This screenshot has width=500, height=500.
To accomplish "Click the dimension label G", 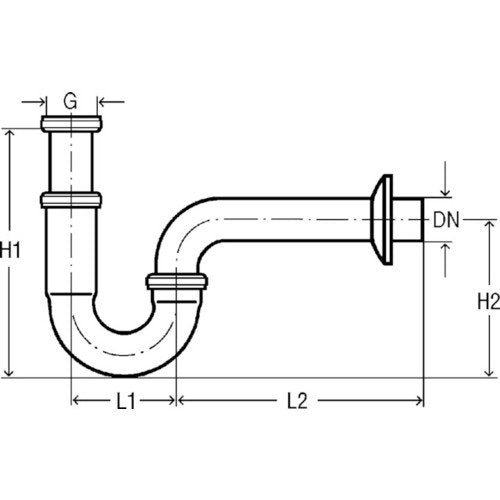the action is click(70, 101).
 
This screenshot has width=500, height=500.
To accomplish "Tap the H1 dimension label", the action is click(10, 250).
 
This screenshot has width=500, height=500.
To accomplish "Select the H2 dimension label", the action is click(489, 301).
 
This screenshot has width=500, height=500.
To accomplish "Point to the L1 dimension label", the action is click(126, 401).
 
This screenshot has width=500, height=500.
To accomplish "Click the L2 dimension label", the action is click(297, 401).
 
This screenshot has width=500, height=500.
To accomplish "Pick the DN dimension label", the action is click(446, 220).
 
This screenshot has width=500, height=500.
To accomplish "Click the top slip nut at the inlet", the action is click(72, 124).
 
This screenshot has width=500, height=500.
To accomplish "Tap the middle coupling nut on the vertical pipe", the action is click(71, 200).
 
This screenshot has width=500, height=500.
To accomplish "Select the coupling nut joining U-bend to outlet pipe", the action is click(177, 282).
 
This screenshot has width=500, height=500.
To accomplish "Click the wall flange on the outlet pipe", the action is click(382, 220).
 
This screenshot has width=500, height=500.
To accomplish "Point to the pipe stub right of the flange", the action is click(408, 220).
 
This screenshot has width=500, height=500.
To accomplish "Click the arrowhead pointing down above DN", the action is click(445, 192).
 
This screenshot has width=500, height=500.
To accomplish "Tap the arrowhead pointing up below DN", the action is click(445, 247).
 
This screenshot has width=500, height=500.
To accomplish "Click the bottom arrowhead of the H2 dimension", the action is click(489, 372).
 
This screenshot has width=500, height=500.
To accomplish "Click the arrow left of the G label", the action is click(33, 101).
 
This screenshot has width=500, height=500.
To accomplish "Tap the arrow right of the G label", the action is click(112, 101).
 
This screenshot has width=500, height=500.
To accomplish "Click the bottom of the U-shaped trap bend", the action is click(124, 375).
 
